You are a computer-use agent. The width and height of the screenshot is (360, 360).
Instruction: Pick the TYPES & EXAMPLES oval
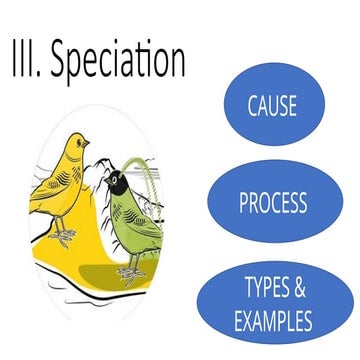[x=273, y=305]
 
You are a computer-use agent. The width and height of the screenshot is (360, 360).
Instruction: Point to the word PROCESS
[x=273, y=204]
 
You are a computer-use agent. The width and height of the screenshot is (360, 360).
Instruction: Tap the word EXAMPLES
[x=273, y=322]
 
